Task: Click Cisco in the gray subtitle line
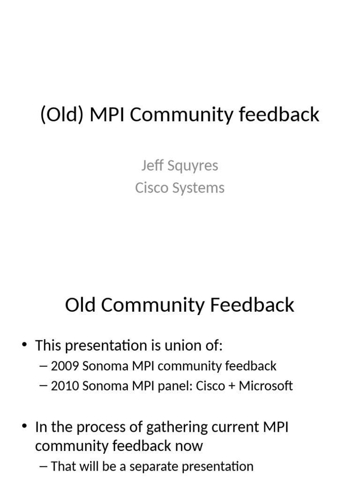(150, 187)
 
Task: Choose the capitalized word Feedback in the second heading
(252, 305)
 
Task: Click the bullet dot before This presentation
(24, 346)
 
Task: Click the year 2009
(65, 366)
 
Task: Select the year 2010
(65, 386)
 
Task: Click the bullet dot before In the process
(24, 427)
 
